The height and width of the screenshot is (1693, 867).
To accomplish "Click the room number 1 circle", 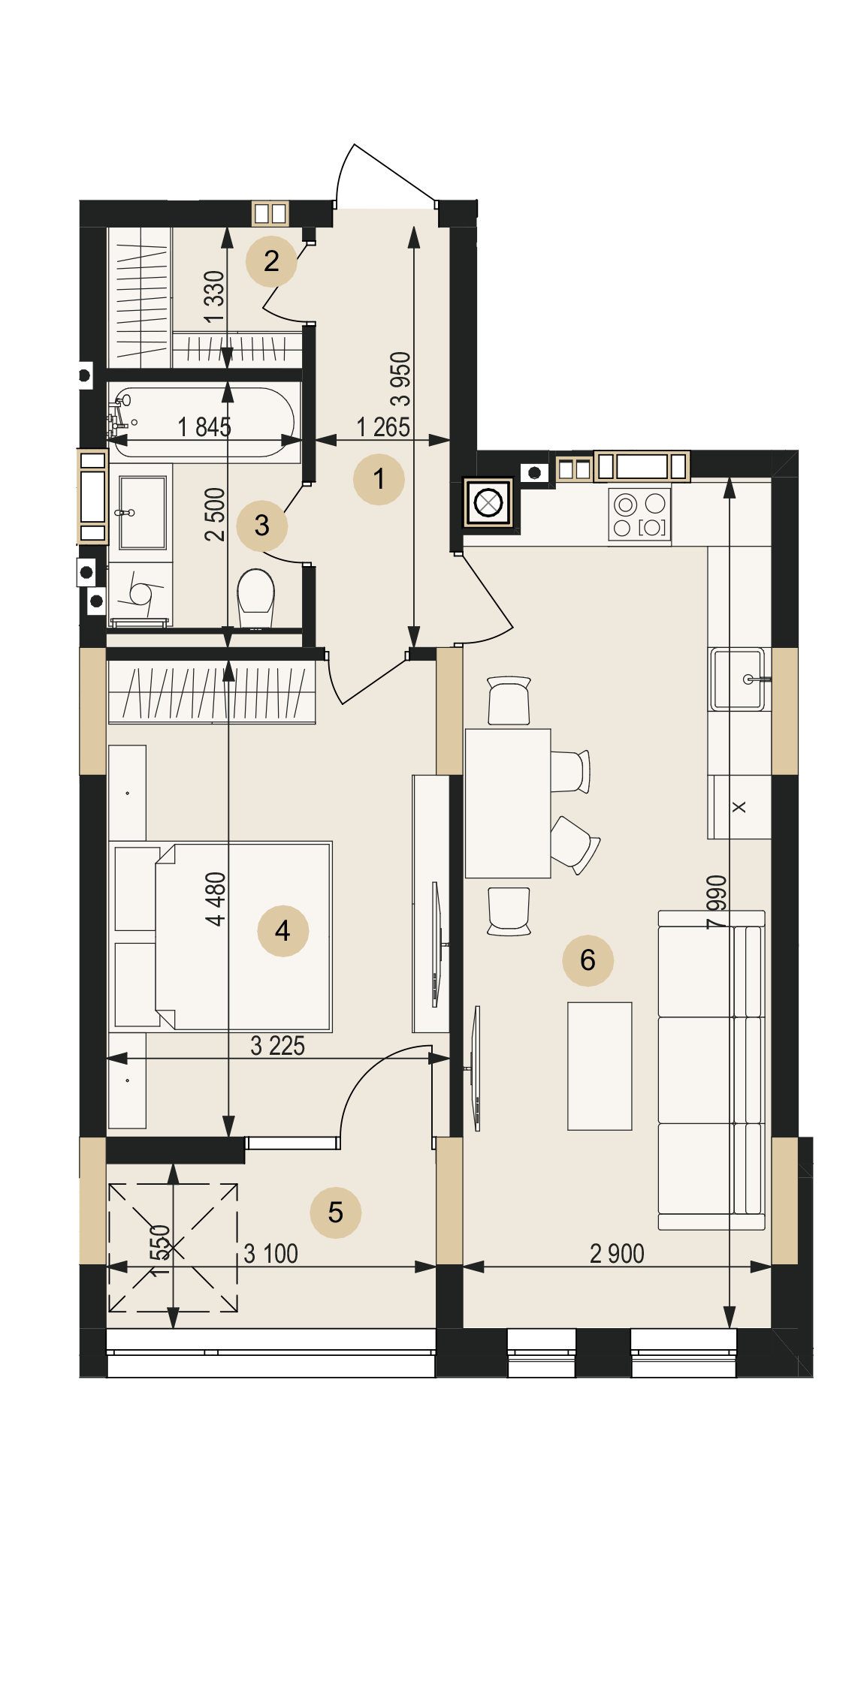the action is coord(379,479).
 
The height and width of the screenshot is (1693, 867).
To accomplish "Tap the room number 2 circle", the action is coord(271,261).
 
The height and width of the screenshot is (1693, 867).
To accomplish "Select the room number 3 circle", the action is coord(261,526).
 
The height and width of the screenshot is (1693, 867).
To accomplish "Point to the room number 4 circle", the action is coord(282,931).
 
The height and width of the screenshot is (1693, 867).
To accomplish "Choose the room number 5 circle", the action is coord(335,1213).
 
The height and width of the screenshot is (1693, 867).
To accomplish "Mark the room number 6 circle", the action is coord(588,960).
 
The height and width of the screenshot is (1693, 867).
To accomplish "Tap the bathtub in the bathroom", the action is coord(203,422).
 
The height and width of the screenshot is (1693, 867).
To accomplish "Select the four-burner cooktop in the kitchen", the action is coord(639,515).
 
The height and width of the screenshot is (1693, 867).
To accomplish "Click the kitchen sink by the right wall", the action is coord(739,679).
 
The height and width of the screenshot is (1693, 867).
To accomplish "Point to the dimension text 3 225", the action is coord(277,1046).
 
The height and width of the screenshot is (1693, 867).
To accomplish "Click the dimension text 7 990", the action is coord(717,902).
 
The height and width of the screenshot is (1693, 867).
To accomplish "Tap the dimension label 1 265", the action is coord(383,427).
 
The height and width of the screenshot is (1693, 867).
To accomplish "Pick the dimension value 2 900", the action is coord(617,1254).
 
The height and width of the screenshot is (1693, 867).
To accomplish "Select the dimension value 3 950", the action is coord(400,379).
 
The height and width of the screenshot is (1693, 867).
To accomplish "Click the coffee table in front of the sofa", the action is coord(600,1066).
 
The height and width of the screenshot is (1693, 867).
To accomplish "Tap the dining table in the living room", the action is coord(508,803).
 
